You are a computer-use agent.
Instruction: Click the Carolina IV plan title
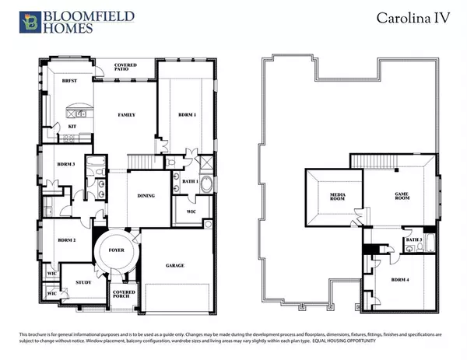point(410,16)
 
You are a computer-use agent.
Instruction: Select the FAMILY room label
point(127,115)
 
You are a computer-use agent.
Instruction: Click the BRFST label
point(70,81)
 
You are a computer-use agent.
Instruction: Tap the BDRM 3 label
point(65,164)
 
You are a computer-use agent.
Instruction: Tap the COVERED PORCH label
point(125,295)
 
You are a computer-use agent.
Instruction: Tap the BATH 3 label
point(414,239)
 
